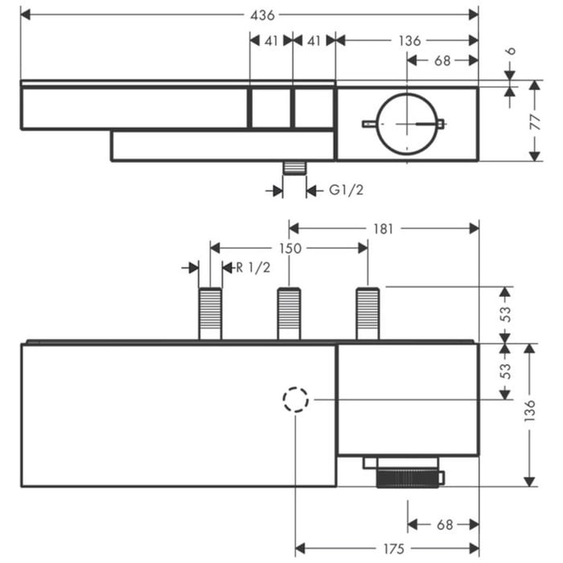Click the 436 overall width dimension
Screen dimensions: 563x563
click(263, 14)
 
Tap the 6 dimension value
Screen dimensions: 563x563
click(509, 50)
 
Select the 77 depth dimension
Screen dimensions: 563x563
click(533, 121)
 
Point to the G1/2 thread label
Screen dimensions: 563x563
click(344, 191)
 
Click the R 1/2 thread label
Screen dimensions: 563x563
click(248, 268)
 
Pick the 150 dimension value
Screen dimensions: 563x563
click(290, 249)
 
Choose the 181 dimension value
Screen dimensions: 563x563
click(384, 228)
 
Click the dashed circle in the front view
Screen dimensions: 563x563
click(295, 399)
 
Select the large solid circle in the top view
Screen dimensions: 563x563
click(409, 125)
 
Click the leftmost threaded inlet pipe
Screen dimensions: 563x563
click(210, 314)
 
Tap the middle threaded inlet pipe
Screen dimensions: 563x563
click(289, 314)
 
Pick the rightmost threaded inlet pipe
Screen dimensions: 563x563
click(368, 314)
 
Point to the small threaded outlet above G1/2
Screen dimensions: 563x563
click(294, 169)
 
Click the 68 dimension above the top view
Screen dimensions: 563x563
click(442, 60)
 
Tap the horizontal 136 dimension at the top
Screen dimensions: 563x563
click(409, 39)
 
